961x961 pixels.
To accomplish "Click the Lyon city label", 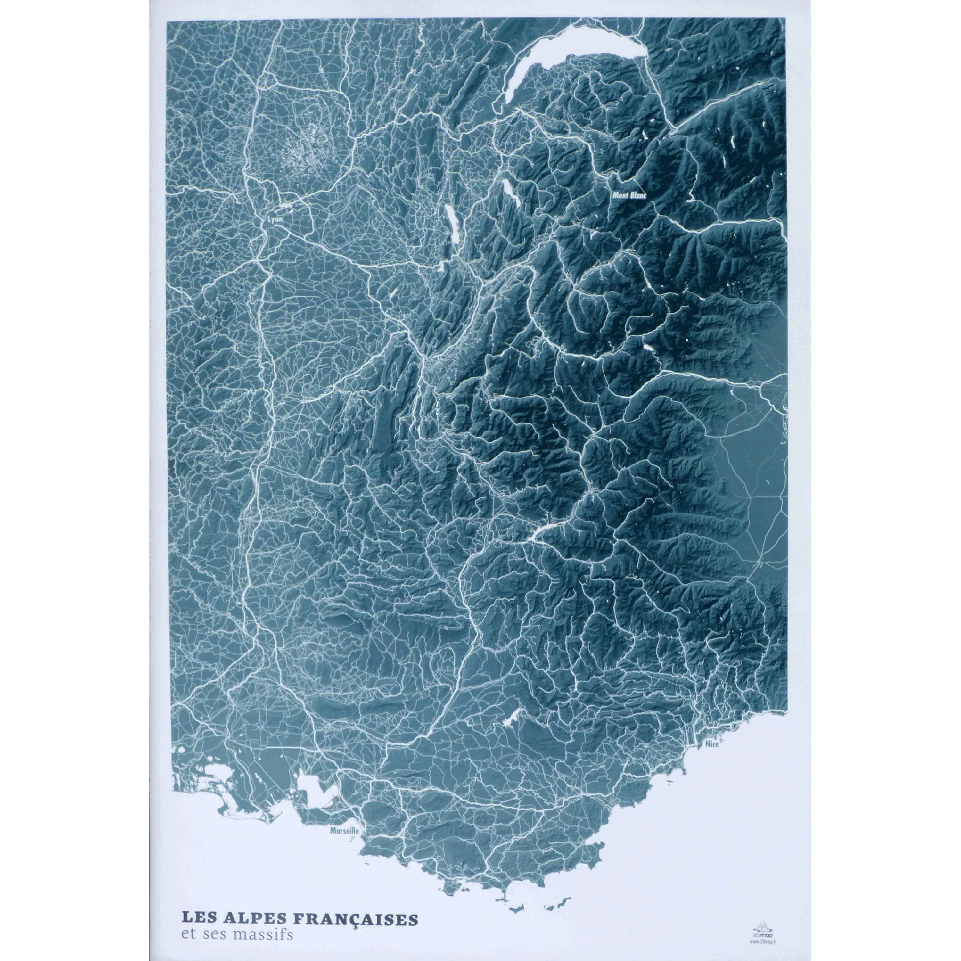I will pos(275,218).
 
